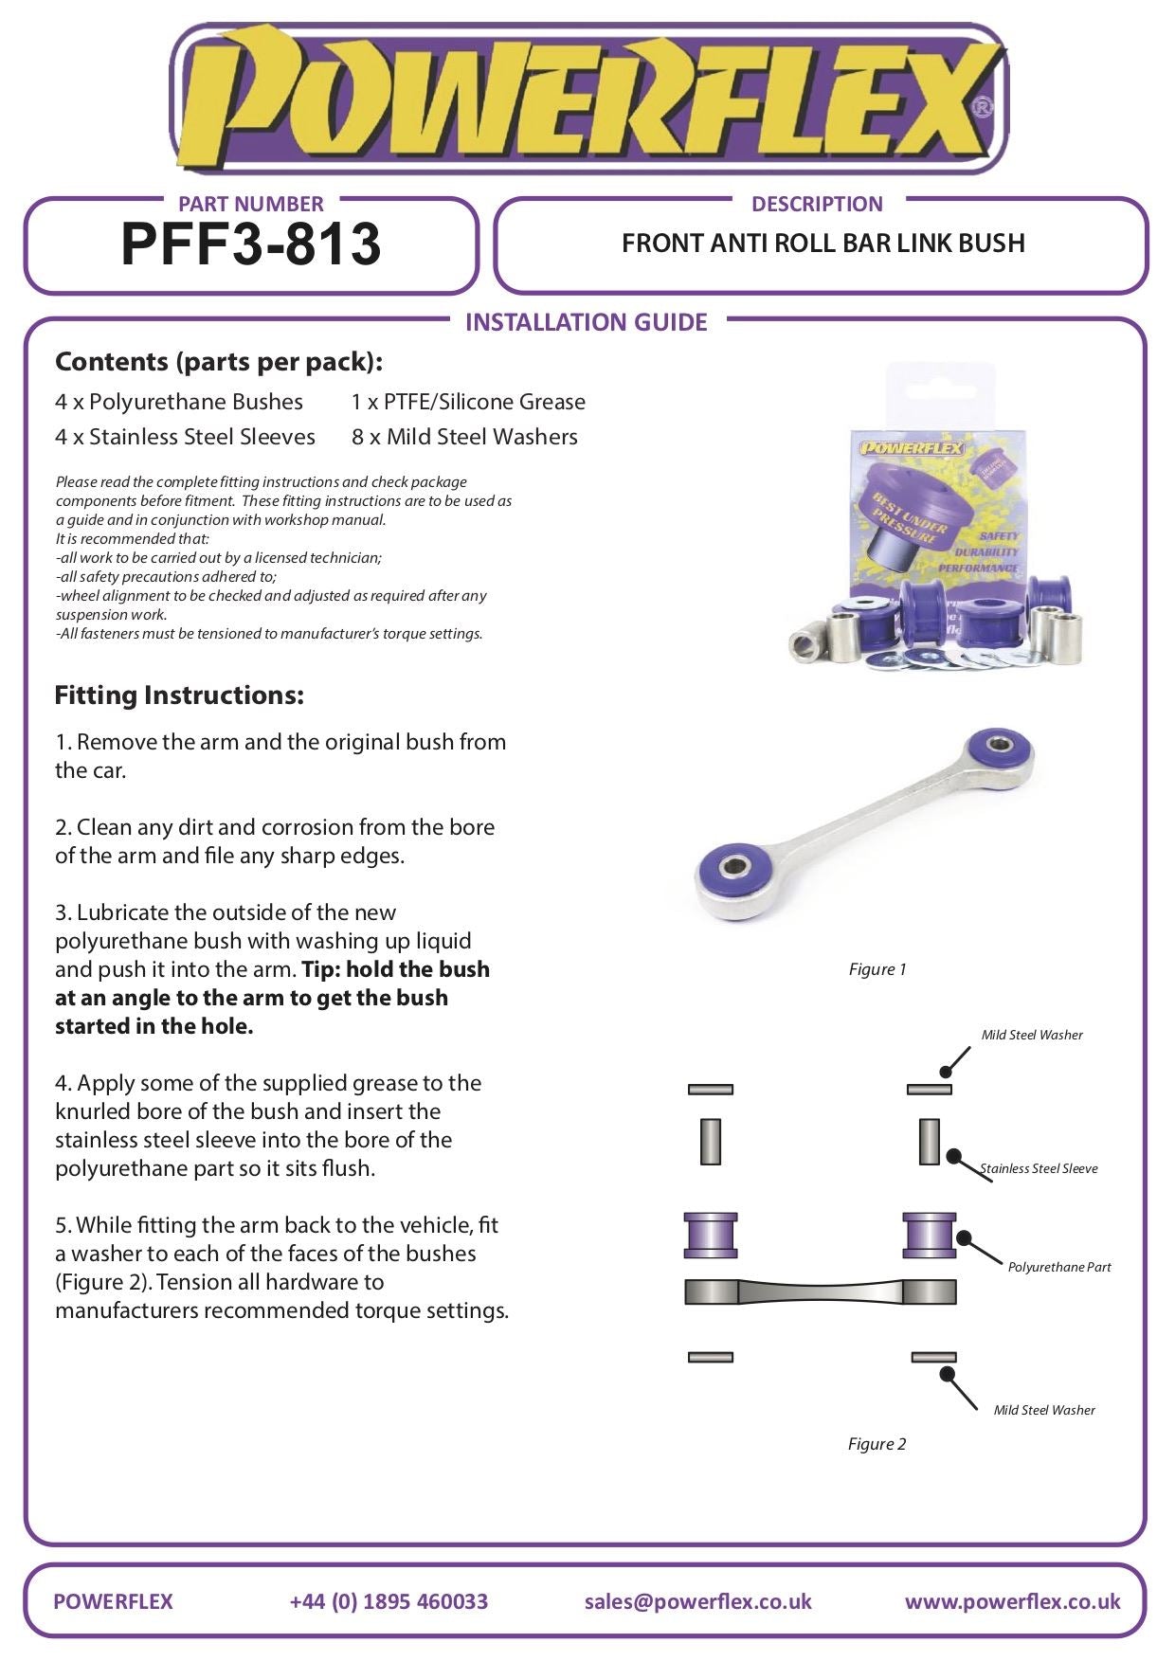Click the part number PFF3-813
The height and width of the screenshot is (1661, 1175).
click(x=250, y=244)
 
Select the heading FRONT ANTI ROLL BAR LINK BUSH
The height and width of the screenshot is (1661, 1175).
click(x=822, y=244)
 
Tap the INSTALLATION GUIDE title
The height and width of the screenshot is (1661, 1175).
click(x=586, y=322)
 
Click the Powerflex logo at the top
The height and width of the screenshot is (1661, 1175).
click(x=587, y=99)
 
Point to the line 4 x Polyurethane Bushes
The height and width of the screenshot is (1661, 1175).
click(x=179, y=402)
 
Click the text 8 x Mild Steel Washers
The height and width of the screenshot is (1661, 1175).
click(x=464, y=437)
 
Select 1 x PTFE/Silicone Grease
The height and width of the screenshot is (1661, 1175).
click(x=468, y=402)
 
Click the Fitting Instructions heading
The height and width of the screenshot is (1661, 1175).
click(x=179, y=695)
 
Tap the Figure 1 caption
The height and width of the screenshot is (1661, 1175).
click(x=877, y=968)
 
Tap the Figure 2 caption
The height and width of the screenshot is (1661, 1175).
click(x=877, y=1443)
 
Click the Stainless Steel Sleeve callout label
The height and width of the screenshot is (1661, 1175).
click(x=1039, y=1168)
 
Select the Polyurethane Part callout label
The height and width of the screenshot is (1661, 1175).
click(x=1058, y=1267)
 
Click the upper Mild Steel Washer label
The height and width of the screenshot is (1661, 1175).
click(x=1032, y=1035)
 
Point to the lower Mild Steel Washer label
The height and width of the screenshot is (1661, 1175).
click(x=1044, y=1410)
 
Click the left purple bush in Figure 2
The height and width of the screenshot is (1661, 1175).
click(x=710, y=1235)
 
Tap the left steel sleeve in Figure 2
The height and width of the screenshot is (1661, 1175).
click(x=710, y=1141)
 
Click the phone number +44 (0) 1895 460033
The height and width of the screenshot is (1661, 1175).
click(x=389, y=1601)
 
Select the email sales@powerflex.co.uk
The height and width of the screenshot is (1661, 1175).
click(x=697, y=1601)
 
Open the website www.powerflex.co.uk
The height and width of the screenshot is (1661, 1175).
click(x=1012, y=1601)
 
